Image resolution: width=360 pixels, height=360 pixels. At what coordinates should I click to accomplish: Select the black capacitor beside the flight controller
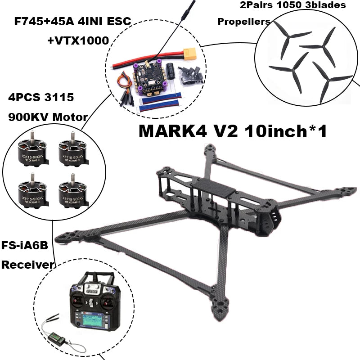(171, 72)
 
